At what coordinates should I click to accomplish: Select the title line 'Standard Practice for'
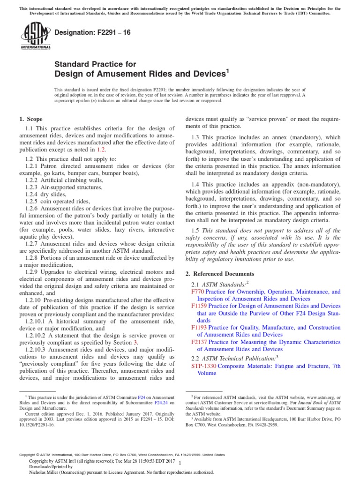point(96,64)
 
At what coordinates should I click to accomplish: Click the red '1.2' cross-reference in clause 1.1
point(101,150)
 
